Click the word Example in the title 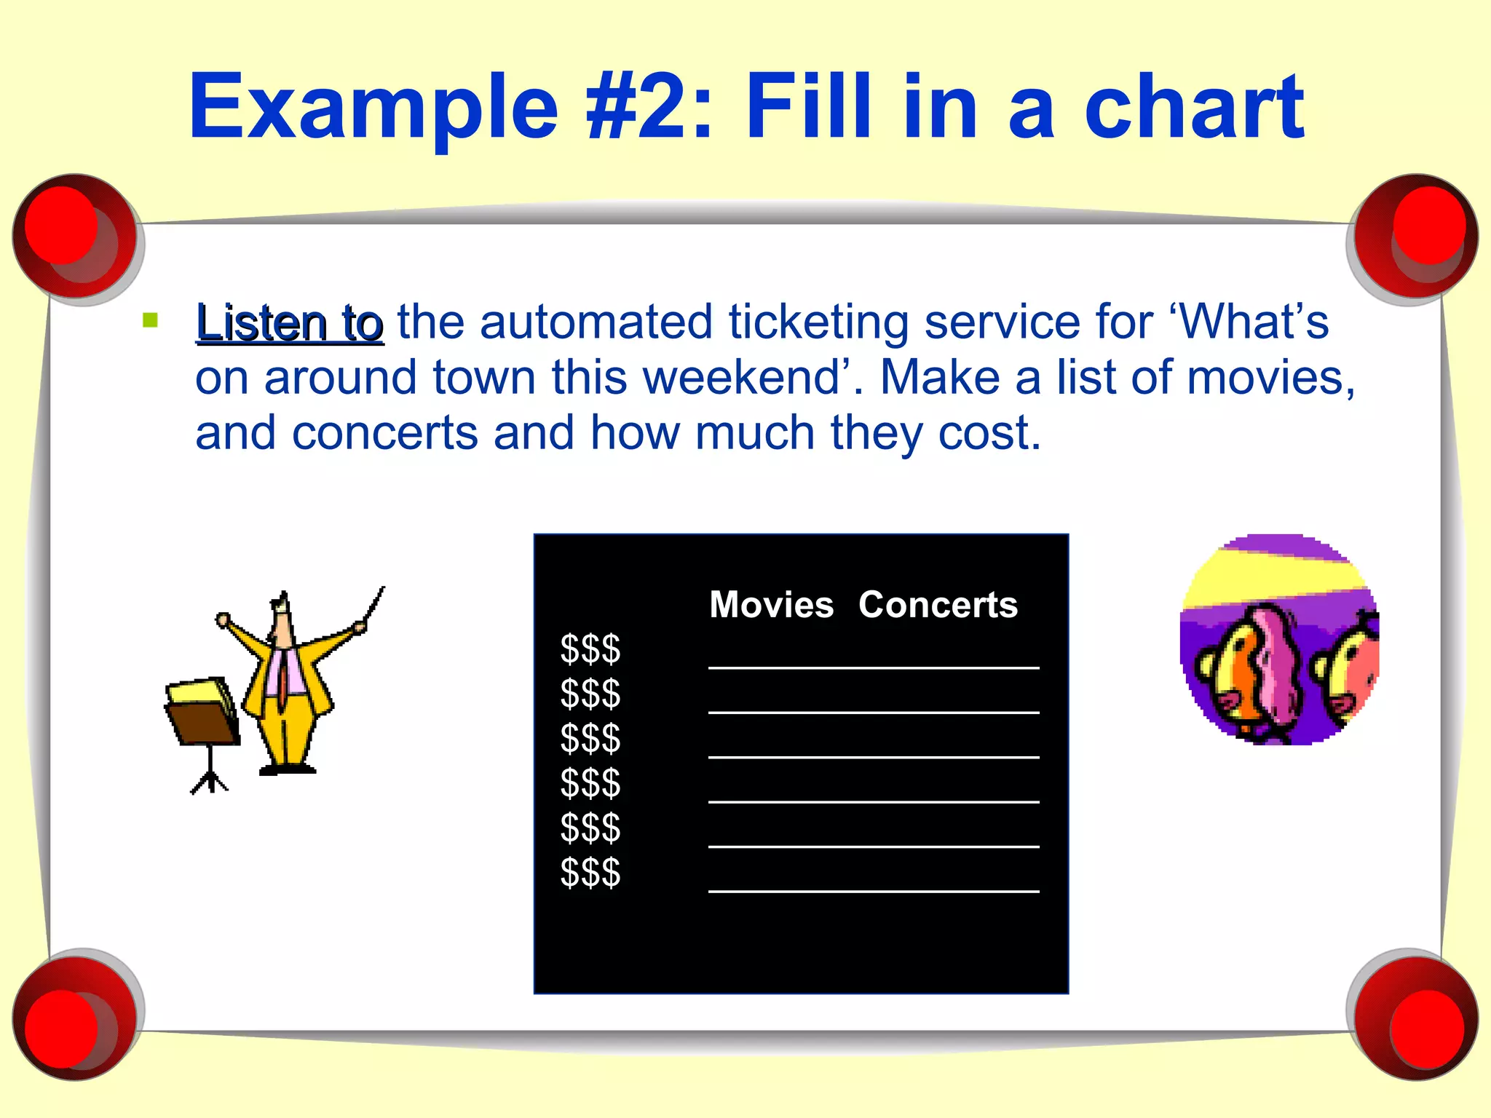[x=373, y=108]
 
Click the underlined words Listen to [x=289, y=322]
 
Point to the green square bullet [x=151, y=320]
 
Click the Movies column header [x=771, y=605]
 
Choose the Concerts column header [x=938, y=605]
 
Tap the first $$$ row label [x=590, y=649]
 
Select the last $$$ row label [x=590, y=873]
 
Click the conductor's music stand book [x=201, y=710]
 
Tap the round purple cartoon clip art [x=1279, y=640]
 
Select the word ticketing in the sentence [x=818, y=322]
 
